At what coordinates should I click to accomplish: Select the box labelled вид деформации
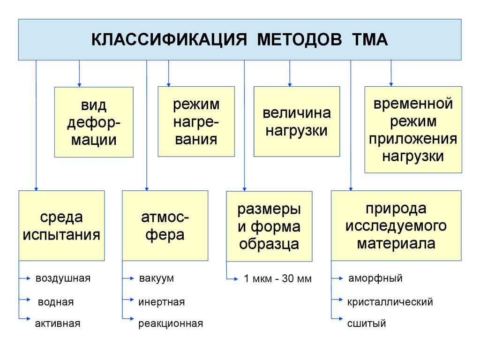94,122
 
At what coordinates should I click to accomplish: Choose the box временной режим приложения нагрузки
413,129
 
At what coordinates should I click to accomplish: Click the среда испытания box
61,225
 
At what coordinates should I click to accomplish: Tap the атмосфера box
165,225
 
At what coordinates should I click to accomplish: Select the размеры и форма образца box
269,226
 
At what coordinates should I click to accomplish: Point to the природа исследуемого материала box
396,225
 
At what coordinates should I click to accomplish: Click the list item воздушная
63,278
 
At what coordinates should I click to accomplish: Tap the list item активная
58,323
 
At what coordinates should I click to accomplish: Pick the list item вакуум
156,278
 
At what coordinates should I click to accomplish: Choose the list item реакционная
171,323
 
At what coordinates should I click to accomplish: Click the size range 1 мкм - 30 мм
277,279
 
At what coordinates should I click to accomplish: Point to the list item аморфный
375,278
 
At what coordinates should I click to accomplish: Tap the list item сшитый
367,323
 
